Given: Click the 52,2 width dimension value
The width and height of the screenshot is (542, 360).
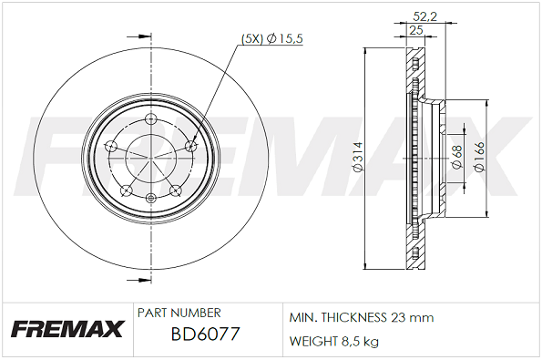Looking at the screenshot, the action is click(425, 15).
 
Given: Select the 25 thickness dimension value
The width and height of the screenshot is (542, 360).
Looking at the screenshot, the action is click(416, 30).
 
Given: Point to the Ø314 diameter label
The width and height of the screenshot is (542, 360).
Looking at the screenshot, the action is click(357, 157).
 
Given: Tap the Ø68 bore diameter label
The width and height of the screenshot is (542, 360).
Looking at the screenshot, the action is click(457, 157).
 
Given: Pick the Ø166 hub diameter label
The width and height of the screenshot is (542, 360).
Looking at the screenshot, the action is click(480, 157).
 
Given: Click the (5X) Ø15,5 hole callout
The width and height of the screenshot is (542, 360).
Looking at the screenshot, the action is click(271, 38).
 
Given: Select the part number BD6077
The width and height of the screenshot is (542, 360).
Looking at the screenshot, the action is click(205, 334).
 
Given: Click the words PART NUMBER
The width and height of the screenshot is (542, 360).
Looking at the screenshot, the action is click(179, 313).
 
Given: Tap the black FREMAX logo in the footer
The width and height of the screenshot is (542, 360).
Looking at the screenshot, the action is click(67, 329).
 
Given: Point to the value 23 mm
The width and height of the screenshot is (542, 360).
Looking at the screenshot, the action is click(412, 317).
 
